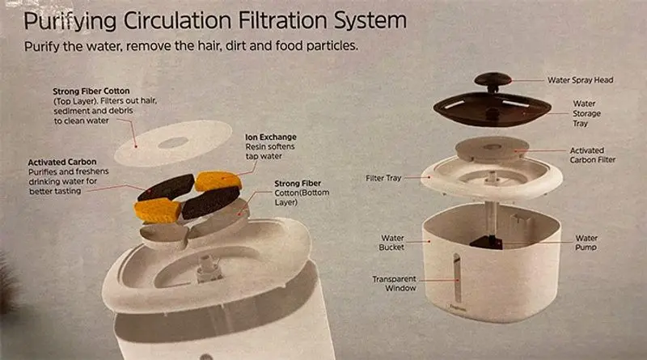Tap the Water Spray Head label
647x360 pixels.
click(580, 80)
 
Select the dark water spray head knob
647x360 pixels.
click(493, 81)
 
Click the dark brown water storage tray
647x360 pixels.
click(492, 108)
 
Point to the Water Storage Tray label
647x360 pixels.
click(586, 113)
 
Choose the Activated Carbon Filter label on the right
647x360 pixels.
click(592, 155)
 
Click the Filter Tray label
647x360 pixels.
click(383, 178)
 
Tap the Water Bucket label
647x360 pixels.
click(392, 243)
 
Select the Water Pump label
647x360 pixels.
click(586, 243)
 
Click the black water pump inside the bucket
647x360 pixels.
click(487, 242)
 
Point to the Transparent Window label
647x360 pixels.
click(395, 283)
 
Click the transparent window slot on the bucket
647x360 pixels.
click(457, 277)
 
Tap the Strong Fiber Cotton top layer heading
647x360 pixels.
click(91, 91)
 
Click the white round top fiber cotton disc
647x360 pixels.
click(173, 143)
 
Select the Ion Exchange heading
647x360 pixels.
click(271, 137)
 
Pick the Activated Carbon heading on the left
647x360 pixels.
click(62, 162)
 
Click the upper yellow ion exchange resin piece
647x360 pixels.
click(218, 181)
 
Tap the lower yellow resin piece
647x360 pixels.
click(157, 210)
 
